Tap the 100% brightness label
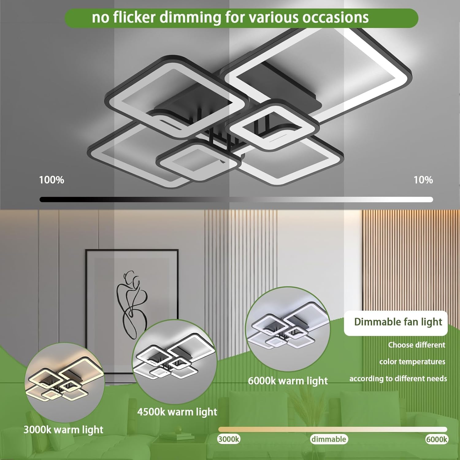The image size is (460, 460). click(x=52, y=180)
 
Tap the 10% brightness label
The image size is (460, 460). click(x=423, y=180)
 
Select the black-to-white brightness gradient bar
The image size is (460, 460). click(x=236, y=200)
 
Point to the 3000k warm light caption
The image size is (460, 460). click(x=63, y=430)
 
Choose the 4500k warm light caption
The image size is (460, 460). click(x=177, y=412)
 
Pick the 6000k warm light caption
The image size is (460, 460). click(x=288, y=381)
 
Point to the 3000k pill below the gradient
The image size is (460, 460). click(x=229, y=439)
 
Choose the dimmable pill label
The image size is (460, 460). click(x=329, y=439)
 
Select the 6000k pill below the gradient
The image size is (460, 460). click(x=437, y=439)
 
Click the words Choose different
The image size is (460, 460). click(x=416, y=345)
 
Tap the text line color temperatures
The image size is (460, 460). click(x=412, y=362)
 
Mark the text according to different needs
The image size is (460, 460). click(x=398, y=379)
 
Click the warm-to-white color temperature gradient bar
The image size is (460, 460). click(x=332, y=429)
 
